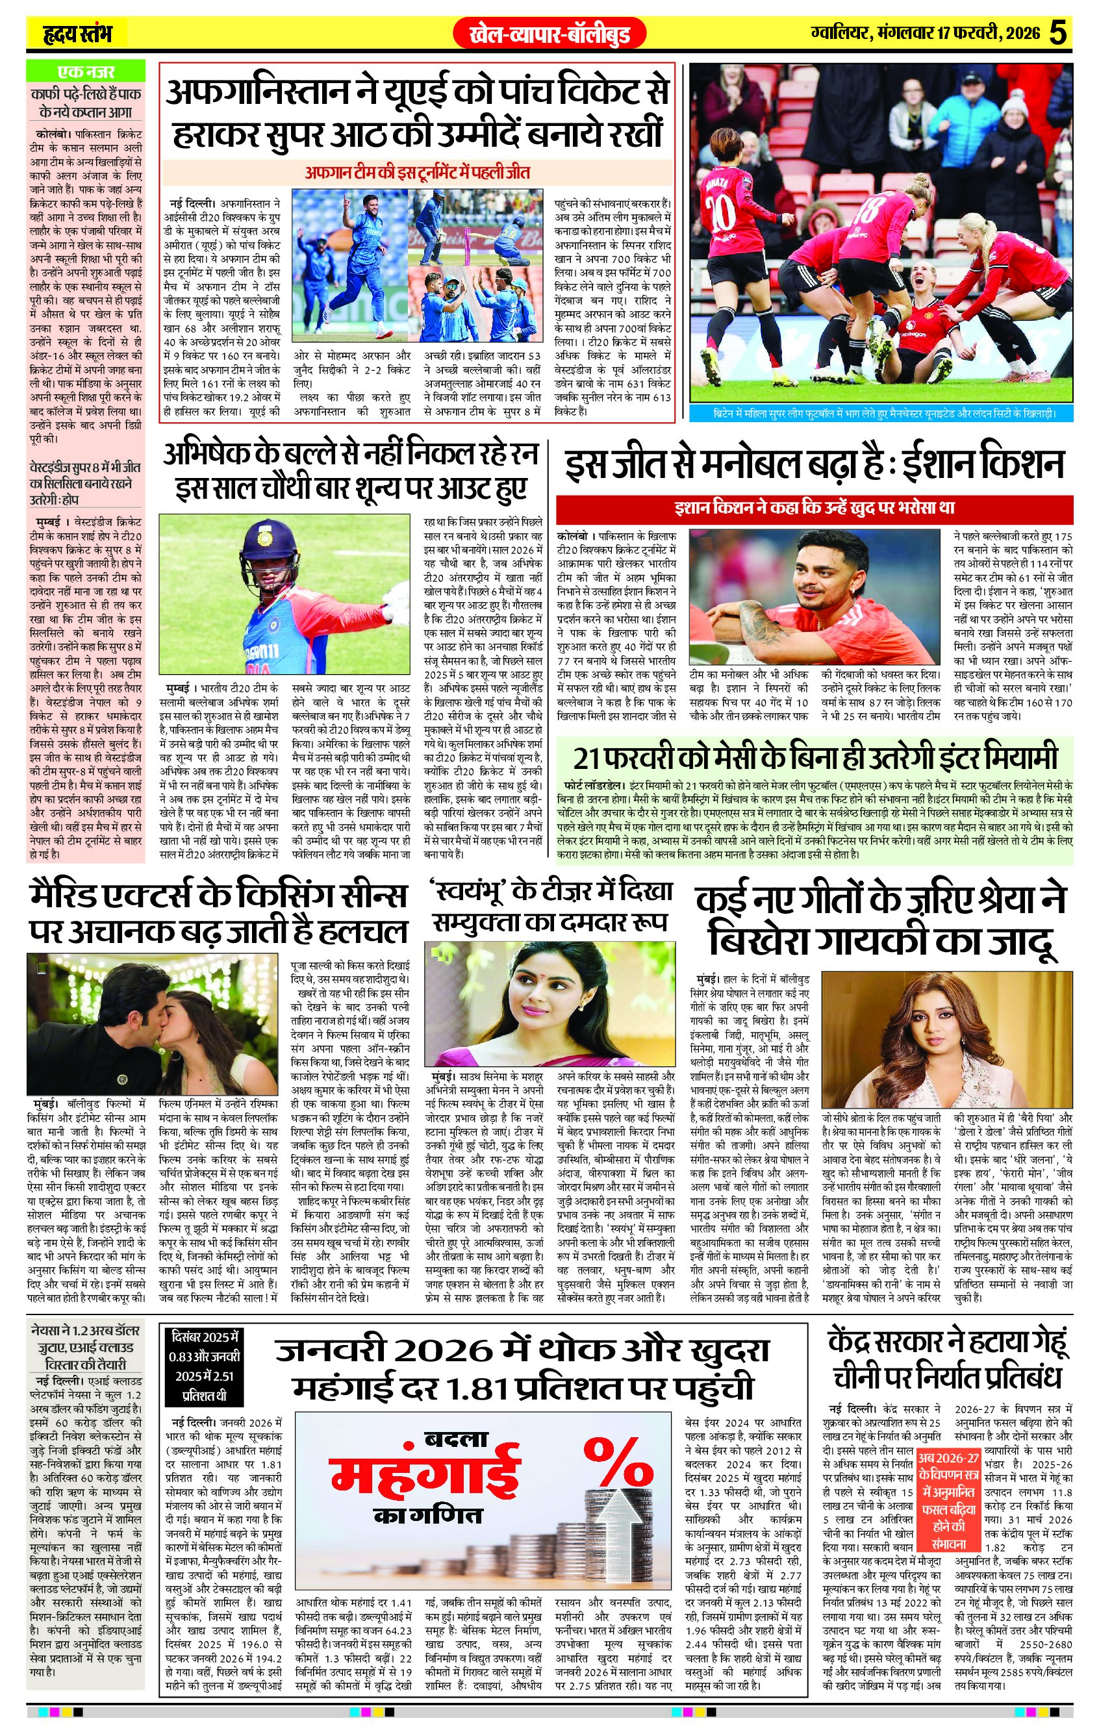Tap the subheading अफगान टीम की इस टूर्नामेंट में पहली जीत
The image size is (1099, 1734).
[418, 173]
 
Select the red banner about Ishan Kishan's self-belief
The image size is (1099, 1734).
[815, 508]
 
